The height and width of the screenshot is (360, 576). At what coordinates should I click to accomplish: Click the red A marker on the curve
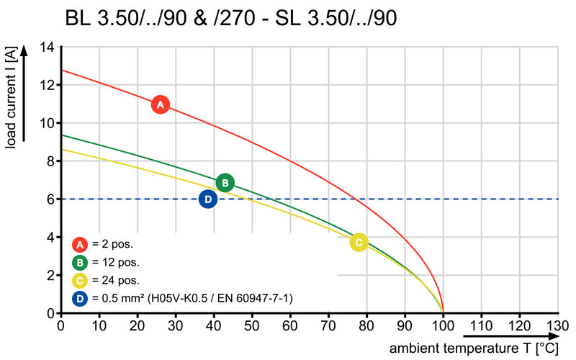point(160,104)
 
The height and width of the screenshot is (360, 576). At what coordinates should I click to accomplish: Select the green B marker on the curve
point(225,184)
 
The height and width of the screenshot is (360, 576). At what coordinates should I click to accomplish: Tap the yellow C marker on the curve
point(359,242)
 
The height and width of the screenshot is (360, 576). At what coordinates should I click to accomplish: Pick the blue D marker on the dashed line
point(207,199)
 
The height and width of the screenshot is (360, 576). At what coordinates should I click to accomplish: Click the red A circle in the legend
point(80,243)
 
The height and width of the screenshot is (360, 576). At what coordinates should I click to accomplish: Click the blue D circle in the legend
point(80,297)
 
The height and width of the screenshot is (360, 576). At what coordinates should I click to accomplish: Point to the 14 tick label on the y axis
point(48,48)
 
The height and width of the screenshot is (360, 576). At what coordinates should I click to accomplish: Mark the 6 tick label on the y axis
point(51,199)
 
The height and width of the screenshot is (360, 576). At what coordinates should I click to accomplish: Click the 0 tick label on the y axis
point(51,313)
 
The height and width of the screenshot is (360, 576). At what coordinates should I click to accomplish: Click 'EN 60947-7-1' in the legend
point(256,298)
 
